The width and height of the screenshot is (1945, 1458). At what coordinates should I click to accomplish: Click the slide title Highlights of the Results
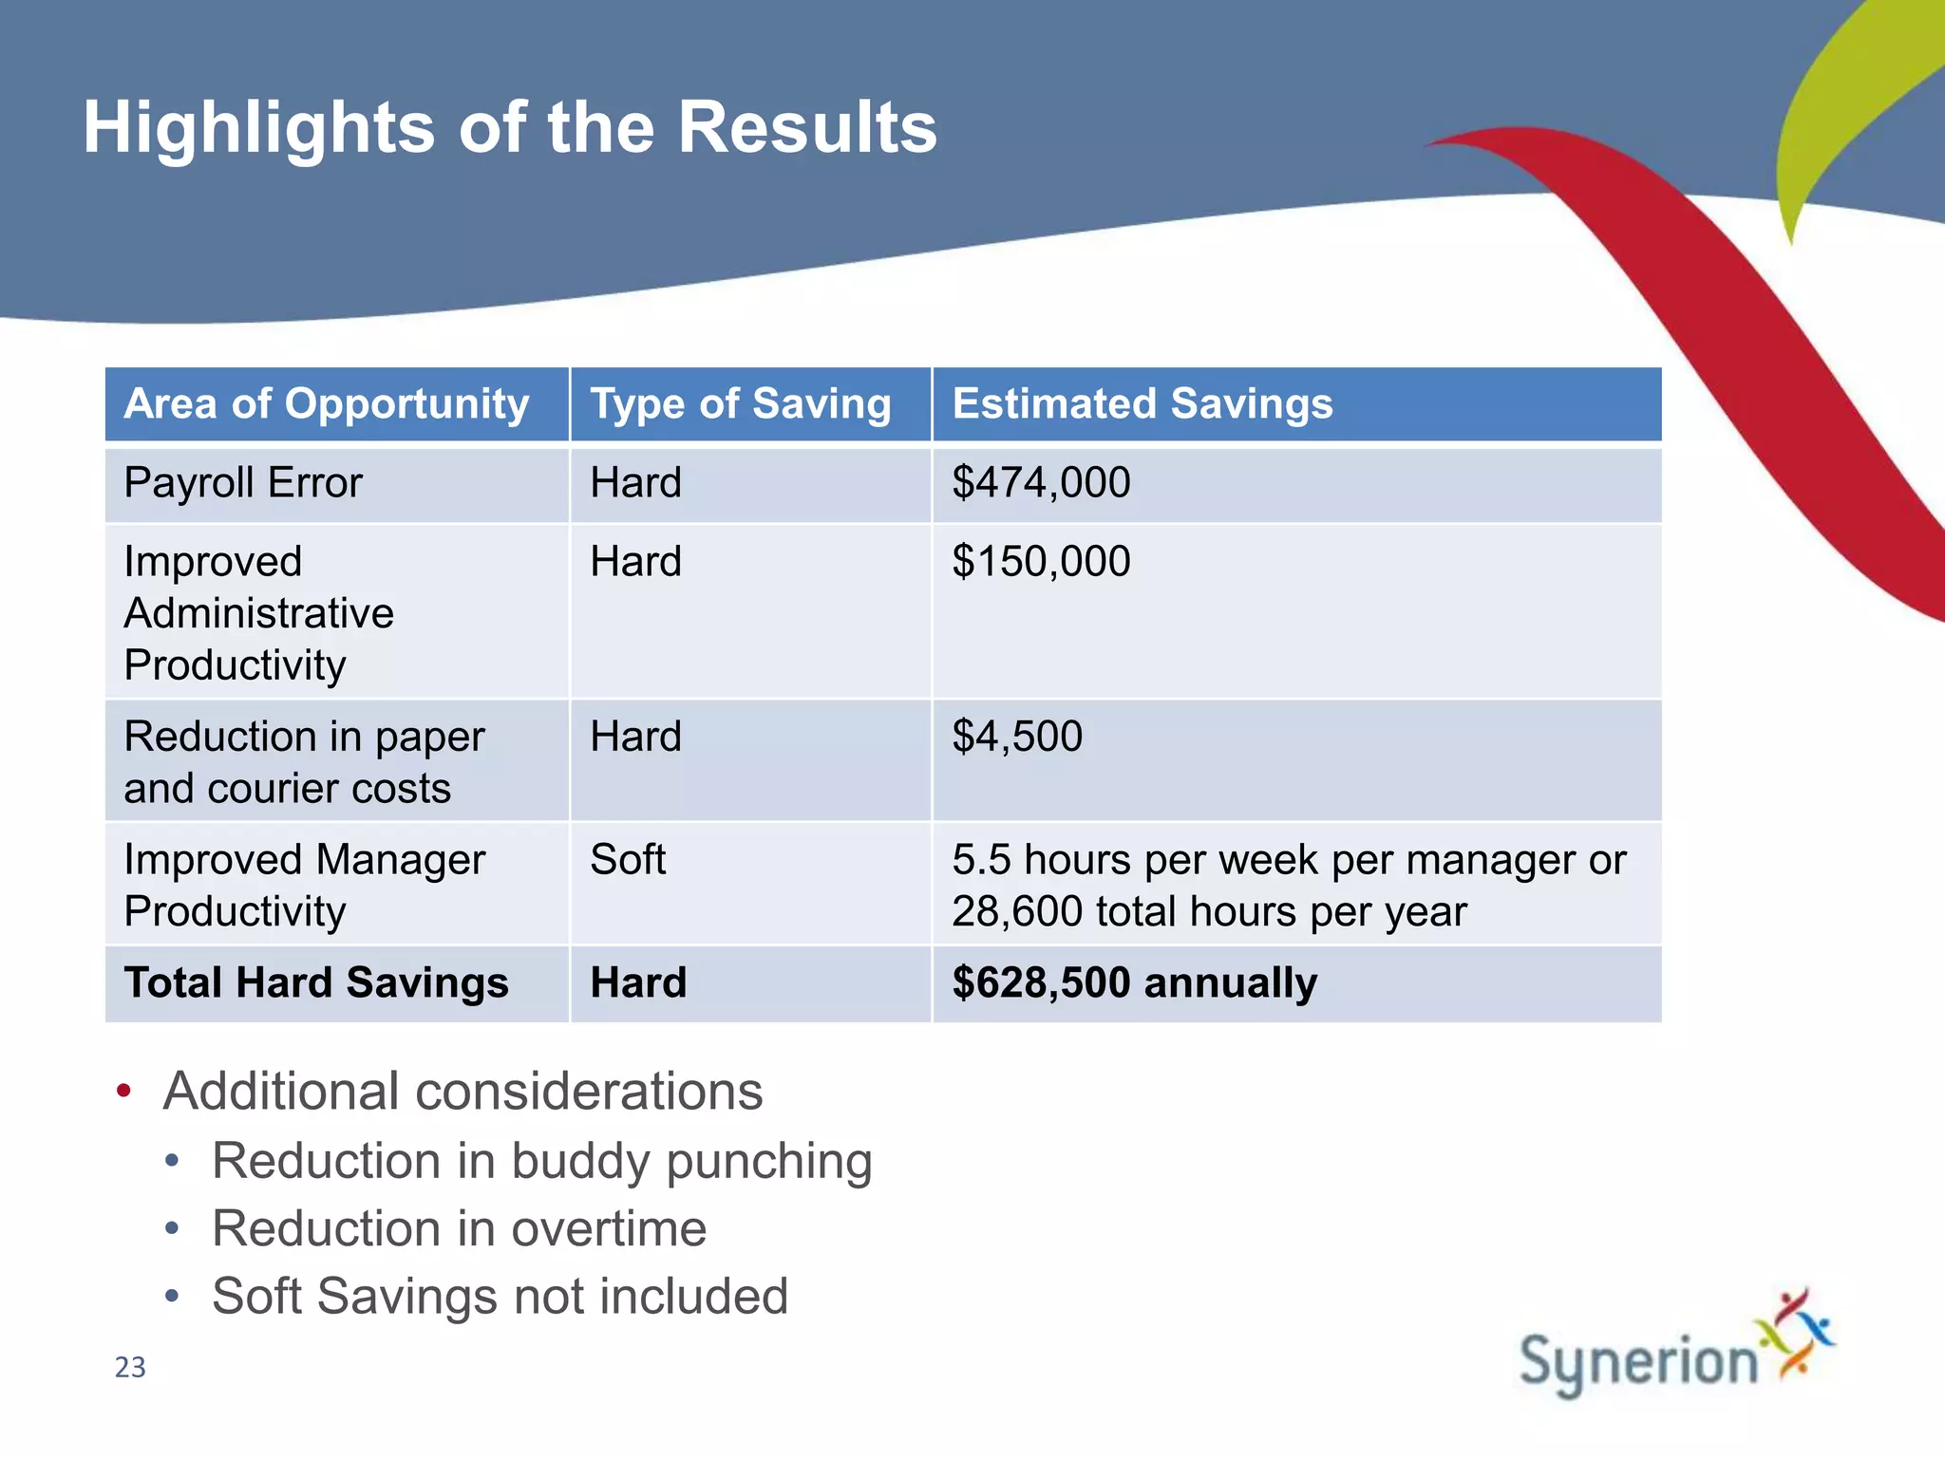pyautogui.click(x=510, y=127)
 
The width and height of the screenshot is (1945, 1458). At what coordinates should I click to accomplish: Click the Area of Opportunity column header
pyautogui.click(x=327, y=403)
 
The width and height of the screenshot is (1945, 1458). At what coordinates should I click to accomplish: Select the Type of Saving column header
pyautogui.click(x=741, y=403)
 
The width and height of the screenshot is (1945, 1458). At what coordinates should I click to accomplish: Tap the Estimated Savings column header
pyautogui.click(x=1142, y=403)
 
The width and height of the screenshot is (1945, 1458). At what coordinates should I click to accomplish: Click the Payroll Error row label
pyautogui.click(x=243, y=483)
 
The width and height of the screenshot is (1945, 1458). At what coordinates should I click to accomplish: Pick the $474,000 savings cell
pyautogui.click(x=1041, y=483)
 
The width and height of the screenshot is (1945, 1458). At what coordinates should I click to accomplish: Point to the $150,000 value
pyautogui.click(x=1041, y=562)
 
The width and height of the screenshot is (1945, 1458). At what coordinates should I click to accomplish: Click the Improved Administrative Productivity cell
pyautogui.click(x=258, y=613)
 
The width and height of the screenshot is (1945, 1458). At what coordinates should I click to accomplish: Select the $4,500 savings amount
pyautogui.click(x=1017, y=737)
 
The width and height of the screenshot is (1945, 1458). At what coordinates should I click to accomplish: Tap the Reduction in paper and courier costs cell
pyautogui.click(x=304, y=762)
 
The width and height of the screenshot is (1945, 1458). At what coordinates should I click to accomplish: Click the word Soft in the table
pyautogui.click(x=628, y=860)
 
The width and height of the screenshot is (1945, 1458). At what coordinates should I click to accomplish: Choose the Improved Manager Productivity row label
pyautogui.click(x=304, y=886)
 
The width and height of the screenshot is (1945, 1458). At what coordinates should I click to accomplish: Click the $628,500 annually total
pyautogui.click(x=1134, y=982)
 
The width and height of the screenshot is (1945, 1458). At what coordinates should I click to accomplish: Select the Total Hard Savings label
pyautogui.click(x=316, y=982)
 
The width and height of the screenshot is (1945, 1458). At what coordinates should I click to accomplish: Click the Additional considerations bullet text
pyautogui.click(x=463, y=1091)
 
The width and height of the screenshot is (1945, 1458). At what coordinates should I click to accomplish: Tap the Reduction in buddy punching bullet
pyautogui.click(x=541, y=1161)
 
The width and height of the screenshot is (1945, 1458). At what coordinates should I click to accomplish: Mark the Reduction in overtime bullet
pyautogui.click(x=459, y=1228)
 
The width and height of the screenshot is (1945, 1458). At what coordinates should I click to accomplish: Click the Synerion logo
pyautogui.click(x=1675, y=1349)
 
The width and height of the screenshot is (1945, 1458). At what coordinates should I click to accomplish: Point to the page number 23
pyautogui.click(x=130, y=1367)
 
